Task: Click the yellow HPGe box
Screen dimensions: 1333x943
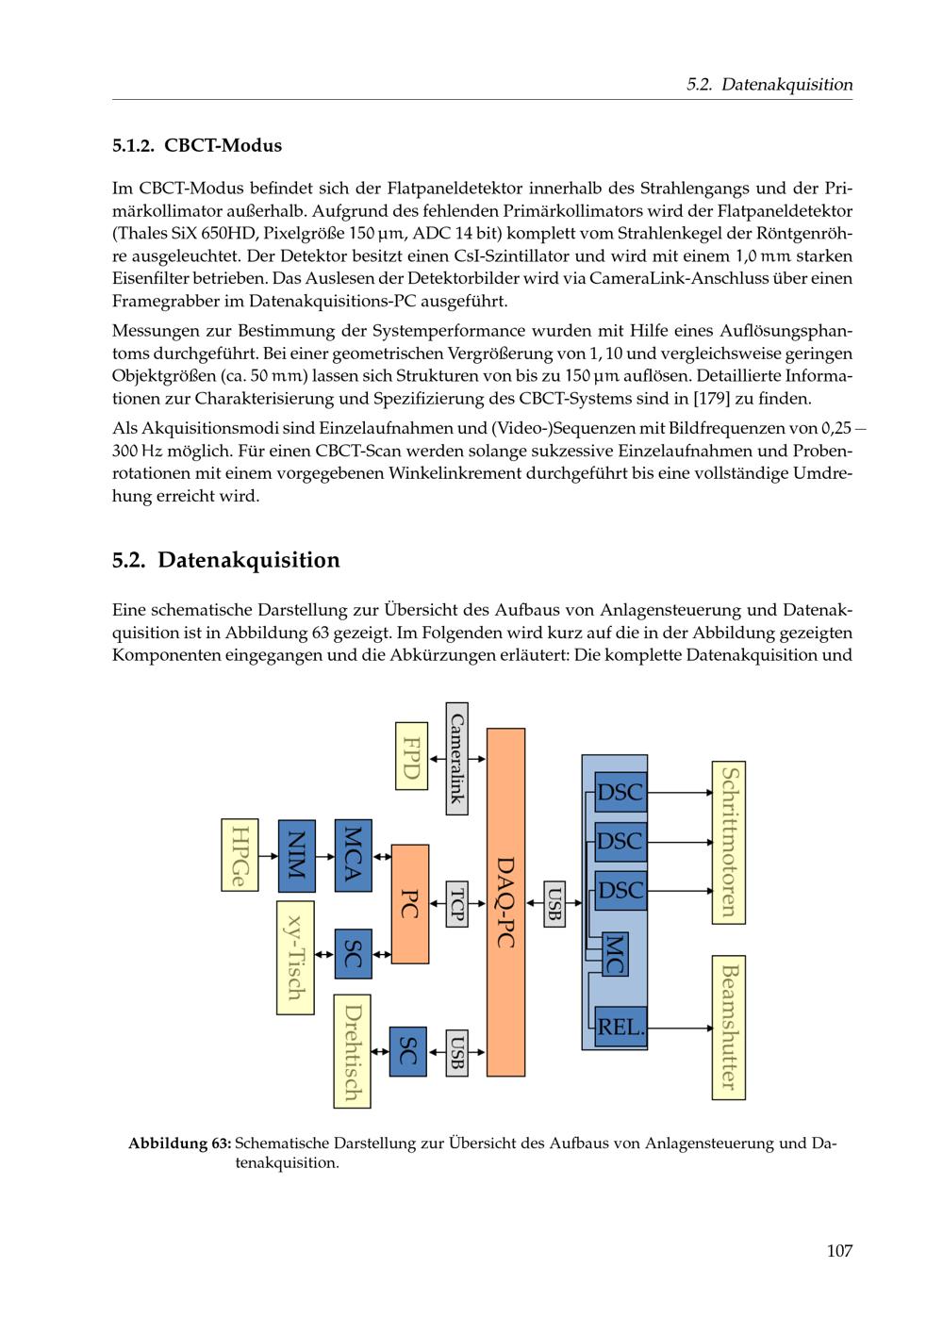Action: pos(239,855)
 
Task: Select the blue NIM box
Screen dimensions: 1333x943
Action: pos(296,855)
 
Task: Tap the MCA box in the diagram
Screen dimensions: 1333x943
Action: pos(353,855)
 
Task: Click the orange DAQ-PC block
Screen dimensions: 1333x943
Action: pos(505,901)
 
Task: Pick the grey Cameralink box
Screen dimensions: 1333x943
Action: pos(456,758)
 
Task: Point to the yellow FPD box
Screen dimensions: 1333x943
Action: pos(411,755)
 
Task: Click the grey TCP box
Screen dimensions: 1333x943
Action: pos(457,903)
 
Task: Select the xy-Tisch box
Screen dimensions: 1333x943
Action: pos(294,958)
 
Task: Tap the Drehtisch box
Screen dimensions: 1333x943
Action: pos(352,1051)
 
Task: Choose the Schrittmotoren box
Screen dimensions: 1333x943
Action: pos(728,842)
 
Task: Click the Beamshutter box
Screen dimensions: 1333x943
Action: pos(728,1027)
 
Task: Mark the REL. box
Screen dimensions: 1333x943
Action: pos(620,1027)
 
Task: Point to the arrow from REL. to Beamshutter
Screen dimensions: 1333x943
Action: pos(679,1028)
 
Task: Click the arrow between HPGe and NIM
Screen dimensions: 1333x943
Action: pos(268,856)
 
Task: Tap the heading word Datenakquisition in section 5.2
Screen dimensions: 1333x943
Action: pos(248,560)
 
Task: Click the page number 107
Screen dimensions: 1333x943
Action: pos(838,1251)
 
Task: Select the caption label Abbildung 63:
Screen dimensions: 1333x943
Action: pos(179,1144)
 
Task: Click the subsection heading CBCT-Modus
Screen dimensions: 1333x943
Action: pos(223,146)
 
